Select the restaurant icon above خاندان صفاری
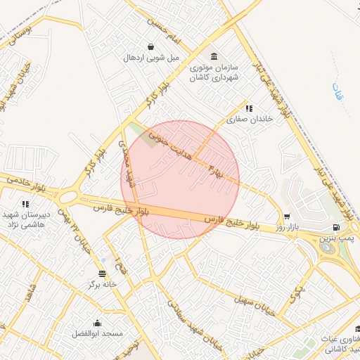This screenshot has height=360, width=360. (x=249, y=108)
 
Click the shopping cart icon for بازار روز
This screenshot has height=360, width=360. (x=287, y=217)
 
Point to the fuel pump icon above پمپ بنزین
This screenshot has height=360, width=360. (x=336, y=227)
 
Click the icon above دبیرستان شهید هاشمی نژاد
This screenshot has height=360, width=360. (x=26, y=204)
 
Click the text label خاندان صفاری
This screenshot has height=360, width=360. (x=248, y=120)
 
